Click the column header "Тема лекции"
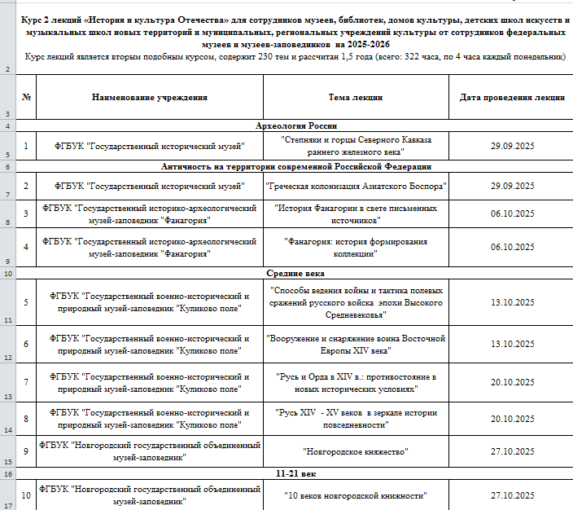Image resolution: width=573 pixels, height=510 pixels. click(356, 97)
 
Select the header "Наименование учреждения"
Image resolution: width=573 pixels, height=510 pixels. click(150, 97)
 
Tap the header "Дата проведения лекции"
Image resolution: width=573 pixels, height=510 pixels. click(512, 97)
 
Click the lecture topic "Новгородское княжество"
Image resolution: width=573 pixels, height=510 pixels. click(356, 451)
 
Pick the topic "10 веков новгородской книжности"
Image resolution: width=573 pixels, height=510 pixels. click(356, 495)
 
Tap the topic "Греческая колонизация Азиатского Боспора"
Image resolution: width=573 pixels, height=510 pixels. click(356, 186)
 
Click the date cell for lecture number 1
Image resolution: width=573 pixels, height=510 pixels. click(512, 146)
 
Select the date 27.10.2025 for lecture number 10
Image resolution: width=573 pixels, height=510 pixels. click(512, 495)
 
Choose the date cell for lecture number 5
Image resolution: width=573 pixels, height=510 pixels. click(512, 302)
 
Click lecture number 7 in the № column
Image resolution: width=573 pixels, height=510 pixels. click(26, 382)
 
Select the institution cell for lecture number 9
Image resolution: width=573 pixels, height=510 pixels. click(150, 451)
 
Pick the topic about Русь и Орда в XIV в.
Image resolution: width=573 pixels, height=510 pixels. click(356, 382)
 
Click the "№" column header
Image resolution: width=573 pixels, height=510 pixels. click(26, 97)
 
